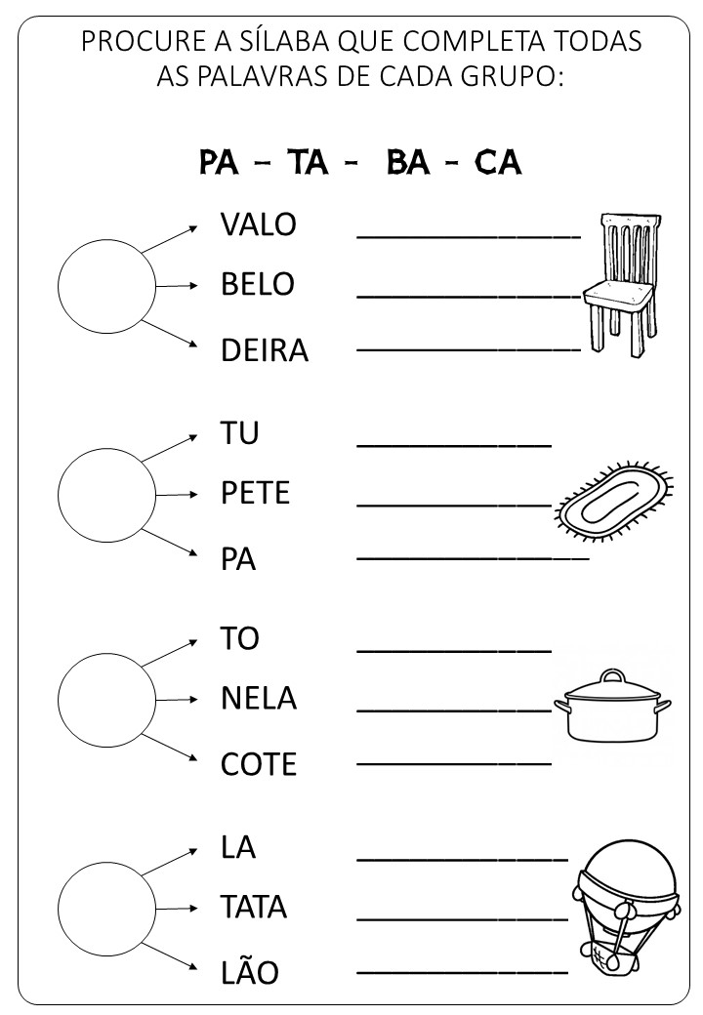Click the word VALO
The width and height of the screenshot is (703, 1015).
[258, 224]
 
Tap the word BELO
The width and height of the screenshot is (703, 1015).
[257, 285]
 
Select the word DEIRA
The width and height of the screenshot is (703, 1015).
[264, 350]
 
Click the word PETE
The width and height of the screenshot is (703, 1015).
[255, 493]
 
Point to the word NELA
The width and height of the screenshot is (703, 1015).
[258, 699]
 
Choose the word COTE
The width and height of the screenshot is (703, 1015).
[258, 764]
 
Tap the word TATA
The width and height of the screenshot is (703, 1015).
[254, 908]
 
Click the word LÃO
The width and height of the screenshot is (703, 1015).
[249, 973]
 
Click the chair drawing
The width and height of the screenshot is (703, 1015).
[619, 283]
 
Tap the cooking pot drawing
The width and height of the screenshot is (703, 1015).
[612, 705]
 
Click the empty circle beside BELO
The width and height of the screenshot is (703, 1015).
[106, 286]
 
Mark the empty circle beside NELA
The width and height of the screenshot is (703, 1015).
[106, 699]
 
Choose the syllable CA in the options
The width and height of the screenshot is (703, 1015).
[497, 162]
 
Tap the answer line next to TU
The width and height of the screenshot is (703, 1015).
[454, 443]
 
